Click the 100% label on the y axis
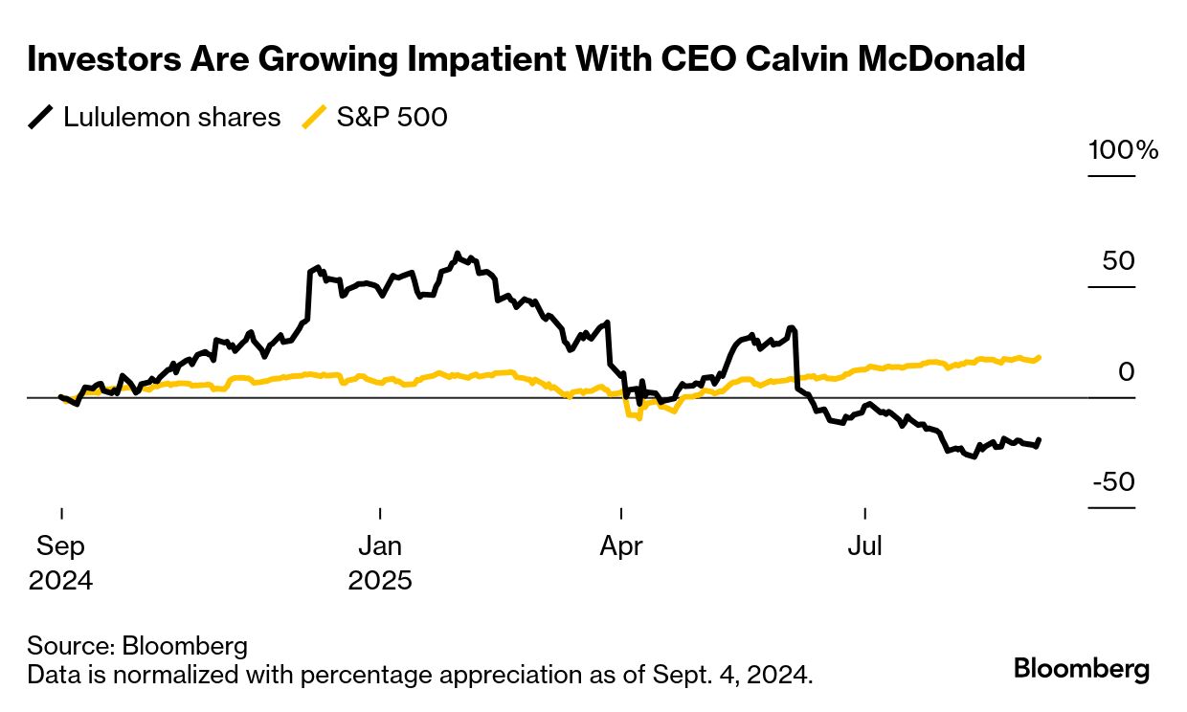tap(1123, 150)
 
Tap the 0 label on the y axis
tap(1126, 371)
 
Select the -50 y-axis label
tap(1112, 481)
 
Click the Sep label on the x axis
tap(61, 546)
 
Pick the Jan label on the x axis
tap(380, 546)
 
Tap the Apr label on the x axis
tap(621, 546)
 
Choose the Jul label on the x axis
tap(864, 546)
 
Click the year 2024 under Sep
tap(61, 580)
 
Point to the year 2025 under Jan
tap(380, 580)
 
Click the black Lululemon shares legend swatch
tap(41, 118)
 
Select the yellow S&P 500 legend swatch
tap(315, 118)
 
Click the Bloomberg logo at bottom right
tap(1082, 668)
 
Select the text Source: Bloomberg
tap(137, 645)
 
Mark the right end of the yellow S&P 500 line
tap(1040, 357)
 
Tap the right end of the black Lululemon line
tap(1040, 439)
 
